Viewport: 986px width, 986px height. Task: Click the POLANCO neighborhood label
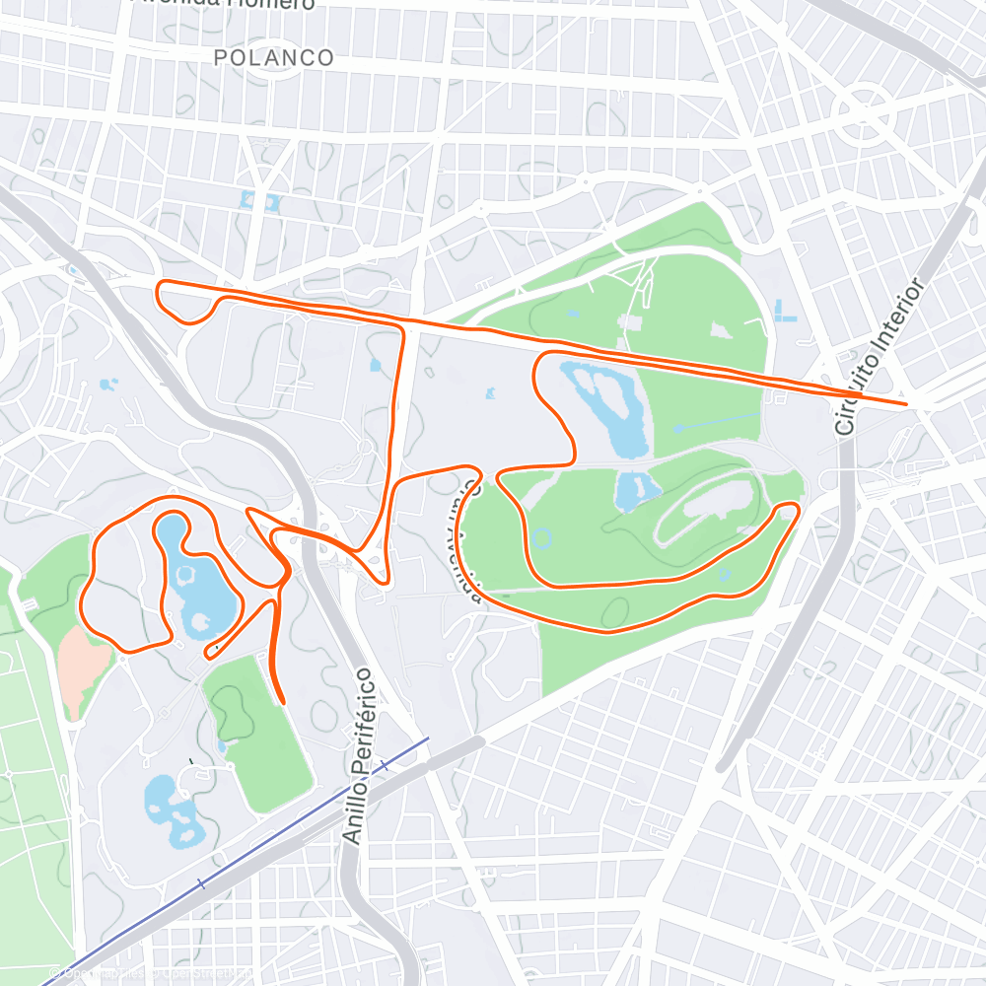pos(274,58)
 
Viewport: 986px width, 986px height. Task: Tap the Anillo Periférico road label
pos(360,754)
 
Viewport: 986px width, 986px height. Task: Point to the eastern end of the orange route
pos(905,403)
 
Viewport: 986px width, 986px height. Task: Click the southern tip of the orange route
pos(283,702)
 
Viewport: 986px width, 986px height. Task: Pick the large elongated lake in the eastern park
pos(603,406)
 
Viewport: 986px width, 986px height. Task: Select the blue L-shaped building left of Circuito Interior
pos(784,312)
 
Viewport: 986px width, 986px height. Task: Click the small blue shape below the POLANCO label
pos(259,201)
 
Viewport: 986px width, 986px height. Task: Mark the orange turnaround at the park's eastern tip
pos(787,510)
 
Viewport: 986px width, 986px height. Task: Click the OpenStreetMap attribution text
pos(158,975)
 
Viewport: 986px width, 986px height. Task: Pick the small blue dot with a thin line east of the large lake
pos(678,428)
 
